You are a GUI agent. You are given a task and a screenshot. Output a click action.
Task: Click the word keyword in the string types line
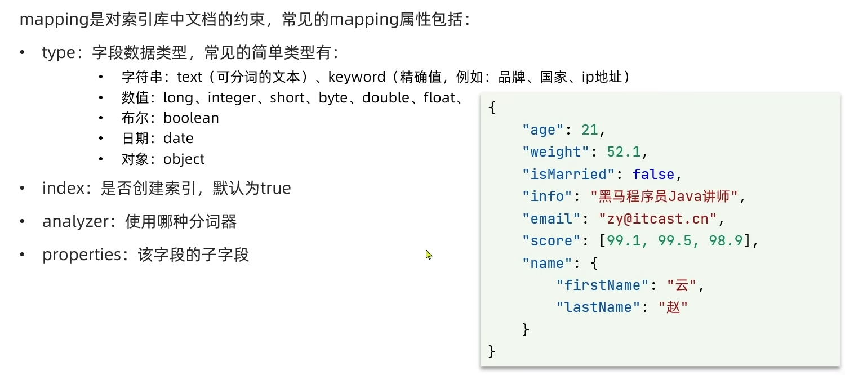[357, 77]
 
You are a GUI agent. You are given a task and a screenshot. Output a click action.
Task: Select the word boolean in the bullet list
[191, 118]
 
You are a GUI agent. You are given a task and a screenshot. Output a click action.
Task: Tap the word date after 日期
[178, 139]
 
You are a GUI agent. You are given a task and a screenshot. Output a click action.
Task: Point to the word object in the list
[184, 159]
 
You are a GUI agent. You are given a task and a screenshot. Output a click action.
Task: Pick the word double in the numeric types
[385, 97]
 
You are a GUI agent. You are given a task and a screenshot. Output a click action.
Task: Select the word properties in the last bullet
[82, 255]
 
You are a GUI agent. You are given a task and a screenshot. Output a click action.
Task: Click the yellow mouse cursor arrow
[429, 255]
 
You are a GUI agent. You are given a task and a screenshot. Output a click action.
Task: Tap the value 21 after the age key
[590, 130]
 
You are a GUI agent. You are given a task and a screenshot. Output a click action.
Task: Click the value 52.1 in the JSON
[624, 152]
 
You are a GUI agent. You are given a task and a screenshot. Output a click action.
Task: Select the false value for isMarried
[653, 174]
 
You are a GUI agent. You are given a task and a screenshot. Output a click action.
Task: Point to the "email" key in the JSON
[551, 218]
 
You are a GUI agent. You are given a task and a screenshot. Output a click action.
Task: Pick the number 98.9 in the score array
[726, 241]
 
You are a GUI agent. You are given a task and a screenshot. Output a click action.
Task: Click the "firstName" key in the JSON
[602, 285]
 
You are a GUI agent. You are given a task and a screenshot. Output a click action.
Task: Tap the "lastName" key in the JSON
[598, 307]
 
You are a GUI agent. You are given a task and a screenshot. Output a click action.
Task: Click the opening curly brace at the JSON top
[492, 108]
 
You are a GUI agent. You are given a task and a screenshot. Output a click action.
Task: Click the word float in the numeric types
[439, 97]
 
